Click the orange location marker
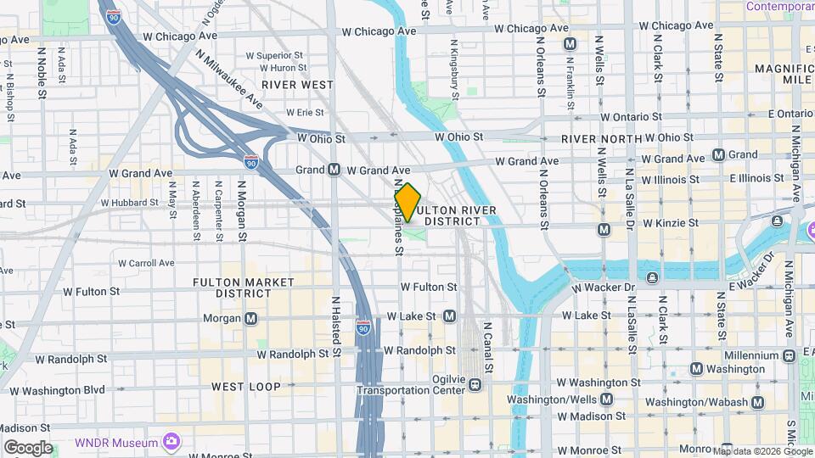tap(408, 203)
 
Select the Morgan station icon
tap(251, 319)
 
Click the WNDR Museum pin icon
tap(171, 442)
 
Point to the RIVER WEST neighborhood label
tap(297, 85)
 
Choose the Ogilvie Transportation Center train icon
tap(475, 385)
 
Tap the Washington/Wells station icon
tap(607, 399)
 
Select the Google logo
tap(28, 448)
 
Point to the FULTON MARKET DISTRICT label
tap(244, 288)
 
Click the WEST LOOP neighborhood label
tap(246, 387)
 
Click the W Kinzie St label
tap(671, 223)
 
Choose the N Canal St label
tap(488, 348)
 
